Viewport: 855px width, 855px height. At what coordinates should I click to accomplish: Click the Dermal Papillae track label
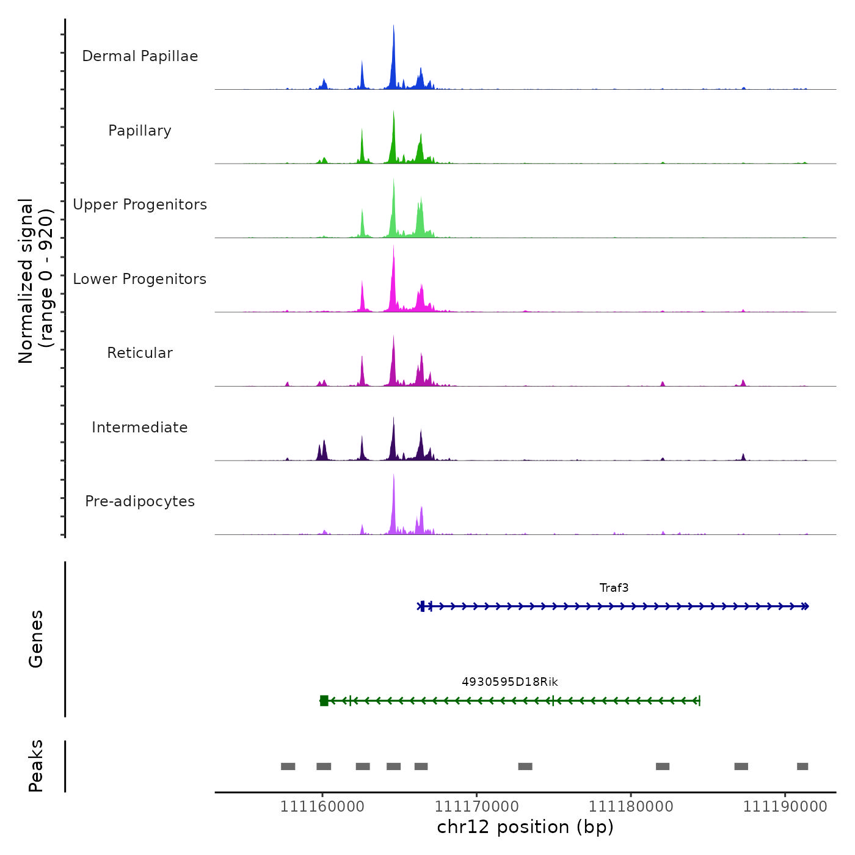click(x=140, y=56)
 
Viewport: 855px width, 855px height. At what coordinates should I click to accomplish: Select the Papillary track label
click(x=140, y=131)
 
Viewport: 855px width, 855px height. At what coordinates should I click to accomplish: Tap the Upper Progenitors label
click(x=140, y=205)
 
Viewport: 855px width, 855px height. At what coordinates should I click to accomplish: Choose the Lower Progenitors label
click(x=140, y=279)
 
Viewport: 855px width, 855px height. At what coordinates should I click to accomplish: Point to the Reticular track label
click(x=140, y=353)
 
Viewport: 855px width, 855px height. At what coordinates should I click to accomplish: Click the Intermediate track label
click(x=140, y=428)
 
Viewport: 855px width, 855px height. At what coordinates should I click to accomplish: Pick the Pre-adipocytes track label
click(x=140, y=501)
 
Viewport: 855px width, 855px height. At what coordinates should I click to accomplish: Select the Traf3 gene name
click(x=614, y=588)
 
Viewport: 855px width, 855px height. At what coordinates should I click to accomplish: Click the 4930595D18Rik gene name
click(x=510, y=682)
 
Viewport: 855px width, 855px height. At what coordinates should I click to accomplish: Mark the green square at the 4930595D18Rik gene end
click(x=324, y=700)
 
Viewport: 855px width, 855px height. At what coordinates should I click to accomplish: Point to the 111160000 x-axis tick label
click(x=322, y=807)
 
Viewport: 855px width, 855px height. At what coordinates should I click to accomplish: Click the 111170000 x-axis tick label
click(x=476, y=807)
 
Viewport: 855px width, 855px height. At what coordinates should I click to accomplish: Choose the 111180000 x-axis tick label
click(x=631, y=807)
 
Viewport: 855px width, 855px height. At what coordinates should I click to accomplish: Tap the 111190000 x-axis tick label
click(x=785, y=807)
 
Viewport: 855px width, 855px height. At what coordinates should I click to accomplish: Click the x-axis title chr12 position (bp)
click(x=525, y=827)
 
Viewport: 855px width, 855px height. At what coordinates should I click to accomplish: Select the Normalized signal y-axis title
click(x=35, y=281)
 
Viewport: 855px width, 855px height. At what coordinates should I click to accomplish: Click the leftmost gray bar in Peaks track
click(x=288, y=766)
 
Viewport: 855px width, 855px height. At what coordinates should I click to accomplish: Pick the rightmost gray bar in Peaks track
click(x=802, y=766)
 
